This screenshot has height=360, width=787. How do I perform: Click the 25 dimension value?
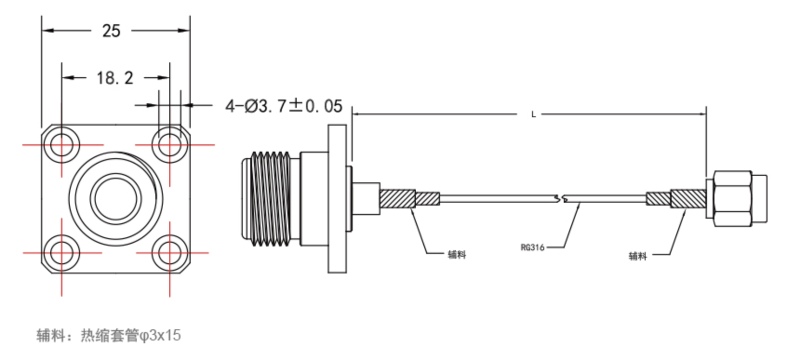pyautogui.click(x=111, y=31)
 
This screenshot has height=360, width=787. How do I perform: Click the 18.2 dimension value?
pyautogui.click(x=115, y=78)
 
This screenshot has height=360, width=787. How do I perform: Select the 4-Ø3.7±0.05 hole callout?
pyautogui.click(x=284, y=106)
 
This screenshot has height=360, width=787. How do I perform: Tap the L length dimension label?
pyautogui.click(x=534, y=114)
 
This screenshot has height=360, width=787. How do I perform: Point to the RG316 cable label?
pyautogui.click(x=532, y=247)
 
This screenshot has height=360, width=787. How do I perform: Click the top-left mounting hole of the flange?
pyautogui.click(x=61, y=145)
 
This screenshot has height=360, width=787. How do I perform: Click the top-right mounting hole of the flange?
pyautogui.click(x=170, y=145)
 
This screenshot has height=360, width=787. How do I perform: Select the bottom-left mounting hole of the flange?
pyautogui.click(x=61, y=253)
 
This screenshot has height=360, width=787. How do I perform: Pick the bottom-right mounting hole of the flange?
pyautogui.click(x=170, y=253)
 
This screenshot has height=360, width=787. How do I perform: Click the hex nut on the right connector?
pyautogui.click(x=733, y=199)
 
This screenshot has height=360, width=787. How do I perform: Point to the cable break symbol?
pyautogui.click(x=561, y=199)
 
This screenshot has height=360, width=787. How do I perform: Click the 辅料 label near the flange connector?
pyautogui.click(x=457, y=254)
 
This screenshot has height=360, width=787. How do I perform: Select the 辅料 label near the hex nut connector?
pyautogui.click(x=638, y=256)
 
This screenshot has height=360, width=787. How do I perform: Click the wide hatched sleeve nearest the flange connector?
pyautogui.click(x=397, y=199)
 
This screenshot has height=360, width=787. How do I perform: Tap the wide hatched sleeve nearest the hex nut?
pyautogui.click(x=688, y=199)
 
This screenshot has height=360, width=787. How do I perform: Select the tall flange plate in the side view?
pyautogui.click(x=337, y=199)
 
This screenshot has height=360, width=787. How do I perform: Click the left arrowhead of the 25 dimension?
pyautogui.click(x=48, y=31)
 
